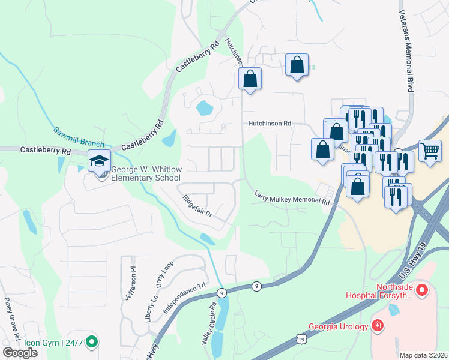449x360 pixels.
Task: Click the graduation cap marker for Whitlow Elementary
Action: click(x=100, y=161)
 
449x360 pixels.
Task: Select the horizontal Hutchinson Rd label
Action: click(x=270, y=123)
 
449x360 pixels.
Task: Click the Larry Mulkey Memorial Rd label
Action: click(x=292, y=199)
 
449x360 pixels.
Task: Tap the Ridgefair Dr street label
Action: click(x=197, y=205)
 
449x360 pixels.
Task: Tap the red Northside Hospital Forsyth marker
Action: click(x=421, y=292)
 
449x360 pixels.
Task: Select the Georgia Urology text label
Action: click(x=339, y=327)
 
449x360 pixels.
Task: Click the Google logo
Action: click(x=20, y=353)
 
